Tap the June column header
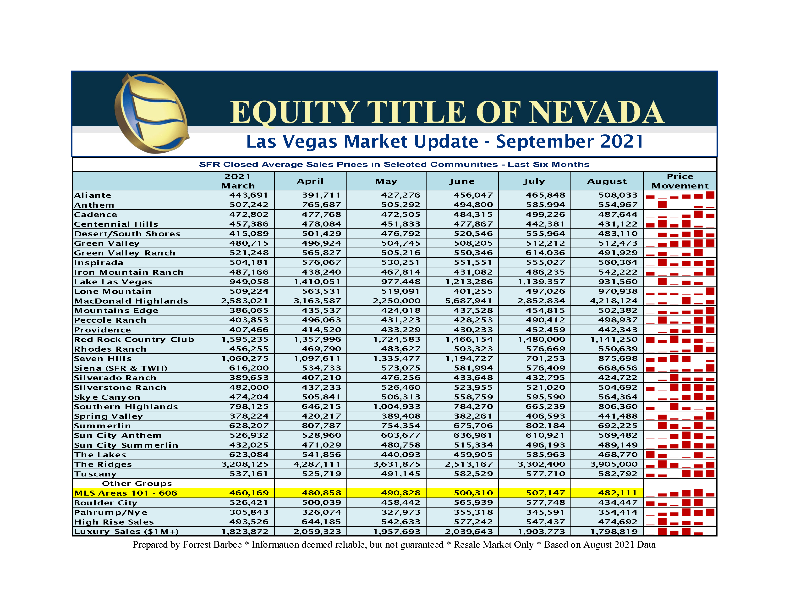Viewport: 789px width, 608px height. tap(462, 181)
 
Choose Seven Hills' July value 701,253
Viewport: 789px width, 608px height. tap(546, 359)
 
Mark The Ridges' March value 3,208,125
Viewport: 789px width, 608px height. tap(245, 464)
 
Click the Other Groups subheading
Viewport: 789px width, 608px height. tap(137, 484)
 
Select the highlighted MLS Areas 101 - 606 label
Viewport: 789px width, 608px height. tap(126, 493)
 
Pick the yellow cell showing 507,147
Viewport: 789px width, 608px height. tap(546, 493)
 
